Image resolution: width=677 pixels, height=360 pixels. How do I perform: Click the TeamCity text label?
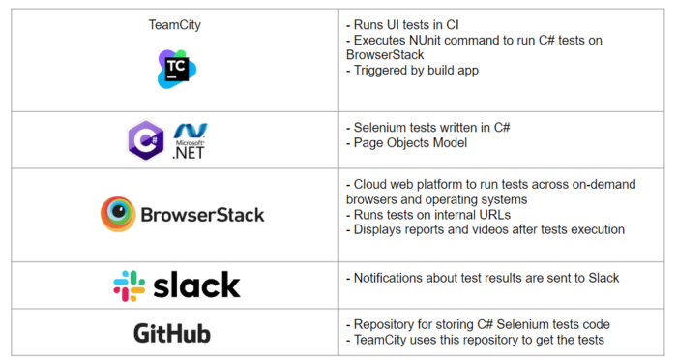[x=169, y=25]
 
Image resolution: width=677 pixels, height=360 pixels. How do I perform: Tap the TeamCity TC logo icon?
[x=177, y=68]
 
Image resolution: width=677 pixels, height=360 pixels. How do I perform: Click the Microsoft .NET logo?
[x=191, y=140]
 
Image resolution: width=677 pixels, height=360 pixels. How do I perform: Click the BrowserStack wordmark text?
[x=202, y=215]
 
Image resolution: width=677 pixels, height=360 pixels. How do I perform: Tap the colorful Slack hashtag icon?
[x=129, y=285]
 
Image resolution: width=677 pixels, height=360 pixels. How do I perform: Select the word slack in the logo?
[x=195, y=285]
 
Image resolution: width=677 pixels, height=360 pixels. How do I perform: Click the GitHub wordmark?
[x=172, y=334]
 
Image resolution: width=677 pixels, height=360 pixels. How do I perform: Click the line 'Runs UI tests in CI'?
[x=407, y=24]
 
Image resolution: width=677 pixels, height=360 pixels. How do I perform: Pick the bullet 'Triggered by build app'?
[x=415, y=71]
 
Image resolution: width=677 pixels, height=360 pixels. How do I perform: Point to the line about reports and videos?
[x=485, y=230]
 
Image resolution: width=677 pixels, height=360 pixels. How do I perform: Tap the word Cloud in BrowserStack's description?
[x=371, y=184]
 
